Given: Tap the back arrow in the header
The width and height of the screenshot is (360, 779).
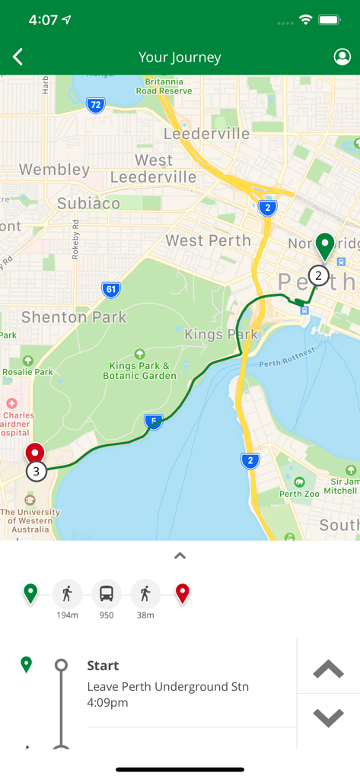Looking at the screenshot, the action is [18, 57].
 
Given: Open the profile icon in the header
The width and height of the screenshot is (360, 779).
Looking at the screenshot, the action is [342, 57].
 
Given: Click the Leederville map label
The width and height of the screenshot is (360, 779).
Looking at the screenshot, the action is [206, 134].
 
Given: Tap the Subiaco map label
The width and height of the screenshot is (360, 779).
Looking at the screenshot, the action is [88, 203].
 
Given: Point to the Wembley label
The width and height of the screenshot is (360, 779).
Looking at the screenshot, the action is [54, 169].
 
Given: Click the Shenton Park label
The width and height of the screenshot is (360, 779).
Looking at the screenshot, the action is [74, 316].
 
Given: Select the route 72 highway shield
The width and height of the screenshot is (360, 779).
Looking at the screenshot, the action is [95, 106].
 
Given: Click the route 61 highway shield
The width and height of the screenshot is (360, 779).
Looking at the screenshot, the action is [111, 289].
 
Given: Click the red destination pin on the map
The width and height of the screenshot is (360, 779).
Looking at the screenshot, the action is [35, 453].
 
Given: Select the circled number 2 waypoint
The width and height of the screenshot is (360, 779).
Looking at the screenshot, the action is [319, 275].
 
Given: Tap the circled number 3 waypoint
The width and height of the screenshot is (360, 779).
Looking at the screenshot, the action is [36, 472].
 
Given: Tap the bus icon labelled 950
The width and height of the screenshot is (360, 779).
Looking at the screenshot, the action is [107, 593].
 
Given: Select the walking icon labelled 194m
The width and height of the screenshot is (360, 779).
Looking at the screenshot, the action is [68, 593].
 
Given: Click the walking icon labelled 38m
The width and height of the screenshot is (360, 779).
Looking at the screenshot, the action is [145, 593].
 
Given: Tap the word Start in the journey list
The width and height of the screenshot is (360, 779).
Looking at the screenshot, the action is [103, 666].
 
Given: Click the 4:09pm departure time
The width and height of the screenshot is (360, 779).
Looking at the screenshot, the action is [107, 702].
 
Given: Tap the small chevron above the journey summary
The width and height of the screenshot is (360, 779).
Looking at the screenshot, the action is [180, 556].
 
